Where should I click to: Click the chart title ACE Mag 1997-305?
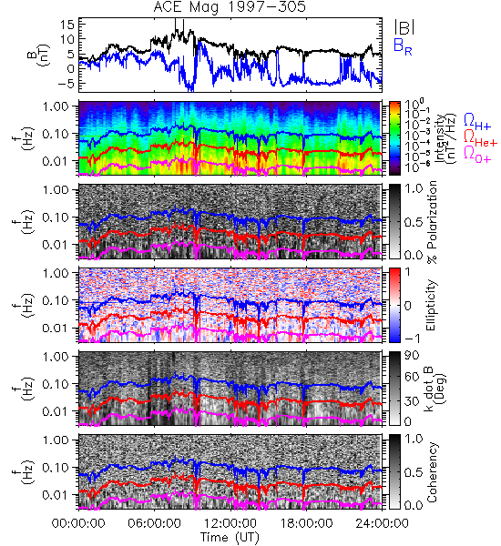coord(230,7)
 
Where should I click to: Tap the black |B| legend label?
coord(404,27)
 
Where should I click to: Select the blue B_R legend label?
coord(403,46)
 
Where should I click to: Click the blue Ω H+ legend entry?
coord(477,122)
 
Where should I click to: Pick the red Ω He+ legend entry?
coord(480,138)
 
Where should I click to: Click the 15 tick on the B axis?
coord(67,25)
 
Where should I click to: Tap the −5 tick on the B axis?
coord(65,83)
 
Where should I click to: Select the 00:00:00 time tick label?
coord(78,523)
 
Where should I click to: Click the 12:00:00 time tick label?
coord(230,523)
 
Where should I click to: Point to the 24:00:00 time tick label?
coord(382,523)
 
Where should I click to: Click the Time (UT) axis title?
coord(230,537)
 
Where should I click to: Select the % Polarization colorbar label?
coord(432,222)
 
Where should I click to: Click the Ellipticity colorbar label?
coord(432,306)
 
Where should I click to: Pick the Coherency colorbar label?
coord(432,472)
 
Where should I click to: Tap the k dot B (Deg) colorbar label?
coord(435,389)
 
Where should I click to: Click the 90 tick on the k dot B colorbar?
coord(412,355)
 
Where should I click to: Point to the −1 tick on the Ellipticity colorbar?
coord(411,339)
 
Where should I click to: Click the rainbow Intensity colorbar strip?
coord(394,138)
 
